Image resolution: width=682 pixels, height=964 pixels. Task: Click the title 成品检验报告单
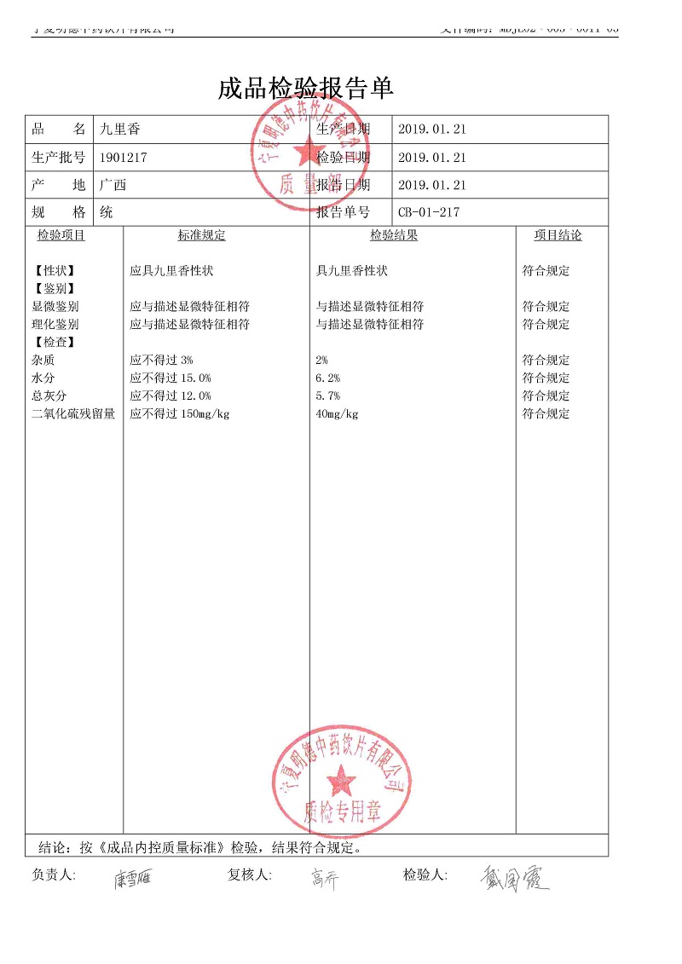pyautogui.click(x=305, y=89)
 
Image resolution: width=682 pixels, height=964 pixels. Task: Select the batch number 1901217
pyautogui.click(x=124, y=158)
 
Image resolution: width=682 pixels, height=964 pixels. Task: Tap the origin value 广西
pyautogui.click(x=113, y=185)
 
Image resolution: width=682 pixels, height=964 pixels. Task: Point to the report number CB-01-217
pyautogui.click(x=428, y=212)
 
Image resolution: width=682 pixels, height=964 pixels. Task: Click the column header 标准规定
pyautogui.click(x=201, y=236)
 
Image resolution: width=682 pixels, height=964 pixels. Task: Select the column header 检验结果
pyautogui.click(x=393, y=236)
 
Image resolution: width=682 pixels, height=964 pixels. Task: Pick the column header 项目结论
pyautogui.click(x=558, y=236)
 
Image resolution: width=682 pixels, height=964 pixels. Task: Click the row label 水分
pyautogui.click(x=43, y=378)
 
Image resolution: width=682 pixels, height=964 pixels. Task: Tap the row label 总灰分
pyautogui.click(x=49, y=395)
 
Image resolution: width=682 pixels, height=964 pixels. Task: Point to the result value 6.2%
pyautogui.click(x=327, y=378)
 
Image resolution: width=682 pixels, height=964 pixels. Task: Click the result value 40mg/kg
pyautogui.click(x=337, y=414)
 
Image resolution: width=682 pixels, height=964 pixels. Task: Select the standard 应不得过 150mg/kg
pyautogui.click(x=179, y=414)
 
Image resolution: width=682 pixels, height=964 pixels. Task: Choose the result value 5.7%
pyautogui.click(x=327, y=395)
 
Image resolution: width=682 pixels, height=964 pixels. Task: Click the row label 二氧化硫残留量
pyautogui.click(x=73, y=414)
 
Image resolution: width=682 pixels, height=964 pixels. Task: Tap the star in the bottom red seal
pyautogui.click(x=343, y=778)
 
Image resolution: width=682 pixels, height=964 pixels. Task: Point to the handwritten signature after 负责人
pyautogui.click(x=132, y=879)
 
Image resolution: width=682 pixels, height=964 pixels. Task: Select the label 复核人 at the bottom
pyautogui.click(x=249, y=875)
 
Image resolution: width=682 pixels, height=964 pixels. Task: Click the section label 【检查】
pyautogui.click(x=53, y=342)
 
